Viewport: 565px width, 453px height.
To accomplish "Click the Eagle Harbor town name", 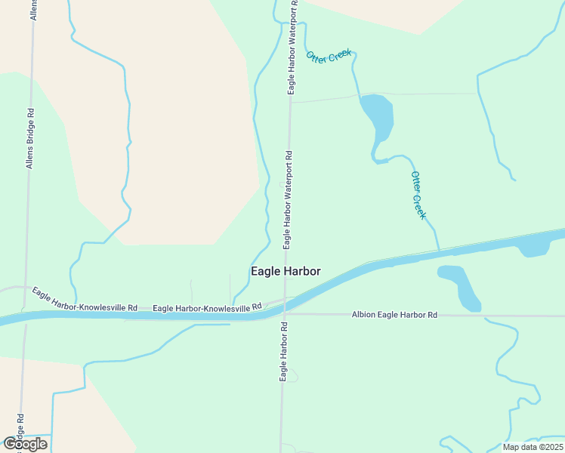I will point(286,271).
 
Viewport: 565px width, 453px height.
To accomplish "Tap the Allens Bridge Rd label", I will point(31,137).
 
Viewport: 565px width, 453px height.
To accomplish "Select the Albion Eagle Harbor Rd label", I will point(395,314).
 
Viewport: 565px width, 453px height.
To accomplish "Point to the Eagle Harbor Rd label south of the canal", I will point(284,351).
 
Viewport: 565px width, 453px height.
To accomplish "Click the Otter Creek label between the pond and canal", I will point(418,195).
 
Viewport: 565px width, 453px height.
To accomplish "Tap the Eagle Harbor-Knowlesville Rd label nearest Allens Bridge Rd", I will point(84,299).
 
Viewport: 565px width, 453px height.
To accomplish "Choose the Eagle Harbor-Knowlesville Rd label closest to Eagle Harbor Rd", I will point(206,307).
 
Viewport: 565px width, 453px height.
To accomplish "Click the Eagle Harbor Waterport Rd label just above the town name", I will point(288,199).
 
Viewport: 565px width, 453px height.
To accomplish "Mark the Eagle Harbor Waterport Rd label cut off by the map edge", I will point(292,47).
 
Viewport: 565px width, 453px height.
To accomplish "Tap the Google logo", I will point(24,444).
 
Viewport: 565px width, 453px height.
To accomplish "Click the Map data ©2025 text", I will point(533,447).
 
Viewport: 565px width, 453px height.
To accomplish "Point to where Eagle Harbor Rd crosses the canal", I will point(283,306).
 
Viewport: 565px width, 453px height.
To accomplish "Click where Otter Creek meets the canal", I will point(439,251).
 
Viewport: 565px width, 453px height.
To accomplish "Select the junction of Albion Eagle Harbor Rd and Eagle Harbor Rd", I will point(284,314).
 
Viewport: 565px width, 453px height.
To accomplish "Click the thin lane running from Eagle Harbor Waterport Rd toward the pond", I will point(325,98).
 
